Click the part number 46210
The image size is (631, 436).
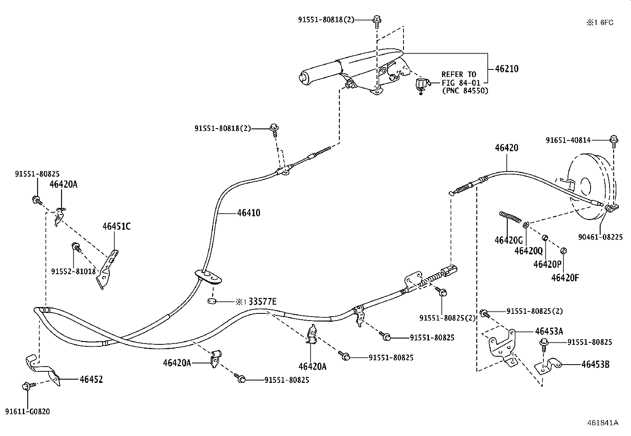(x=507, y=69)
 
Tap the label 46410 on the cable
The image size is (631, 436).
(x=249, y=213)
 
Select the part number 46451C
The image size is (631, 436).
(x=117, y=227)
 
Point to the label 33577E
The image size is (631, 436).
(x=262, y=302)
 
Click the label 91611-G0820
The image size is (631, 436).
(x=27, y=412)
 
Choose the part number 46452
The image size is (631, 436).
(x=91, y=380)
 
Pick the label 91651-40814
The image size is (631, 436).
(x=568, y=140)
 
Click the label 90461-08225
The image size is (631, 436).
(x=600, y=237)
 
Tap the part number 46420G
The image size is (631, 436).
(x=509, y=240)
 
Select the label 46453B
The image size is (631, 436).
(x=595, y=365)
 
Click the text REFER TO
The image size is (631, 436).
(x=459, y=75)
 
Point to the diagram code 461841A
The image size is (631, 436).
(x=603, y=423)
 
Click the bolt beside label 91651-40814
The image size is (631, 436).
(x=614, y=141)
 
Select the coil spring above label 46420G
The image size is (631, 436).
(x=510, y=217)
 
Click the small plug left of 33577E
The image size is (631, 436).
(x=212, y=301)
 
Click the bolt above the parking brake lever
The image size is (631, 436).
(x=377, y=22)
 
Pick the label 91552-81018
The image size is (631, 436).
(x=73, y=272)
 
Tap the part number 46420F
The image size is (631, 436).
(x=565, y=278)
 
